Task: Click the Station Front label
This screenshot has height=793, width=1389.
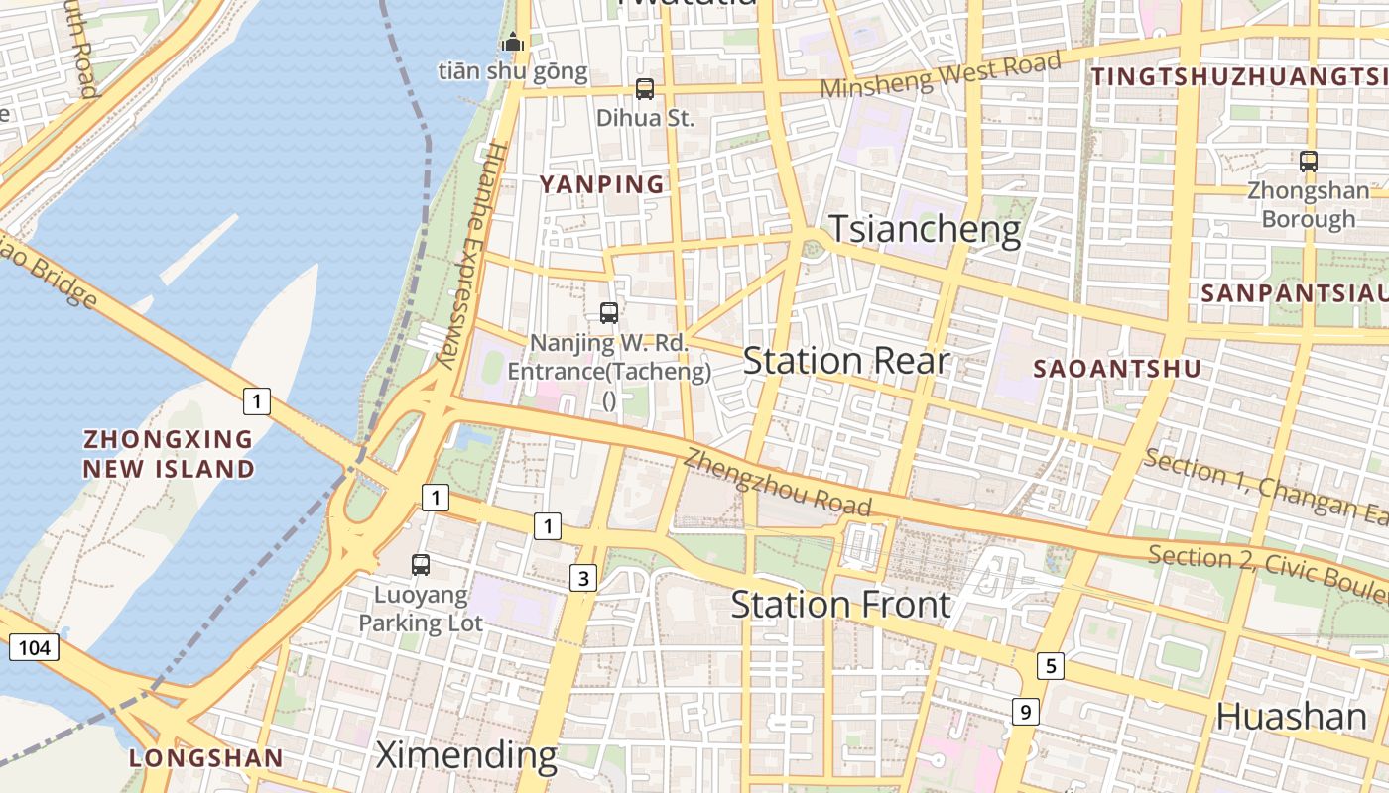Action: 841,604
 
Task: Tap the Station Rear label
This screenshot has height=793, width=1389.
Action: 846,361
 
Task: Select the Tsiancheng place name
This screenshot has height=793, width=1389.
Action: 925,229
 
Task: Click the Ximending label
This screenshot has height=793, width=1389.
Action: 466,755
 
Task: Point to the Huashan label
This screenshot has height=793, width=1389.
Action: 1291,716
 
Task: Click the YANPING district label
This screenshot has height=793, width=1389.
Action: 601,184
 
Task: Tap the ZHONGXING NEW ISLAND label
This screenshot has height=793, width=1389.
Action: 169,454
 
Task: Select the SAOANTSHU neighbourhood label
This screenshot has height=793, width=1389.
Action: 1117,369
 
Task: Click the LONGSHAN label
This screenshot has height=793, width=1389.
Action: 206,758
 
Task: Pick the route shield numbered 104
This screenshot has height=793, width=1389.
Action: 34,648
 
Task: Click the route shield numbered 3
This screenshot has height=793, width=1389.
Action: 583,579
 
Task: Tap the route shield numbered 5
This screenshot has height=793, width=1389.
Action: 1051,665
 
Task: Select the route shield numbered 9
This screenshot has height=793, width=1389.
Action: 1025,711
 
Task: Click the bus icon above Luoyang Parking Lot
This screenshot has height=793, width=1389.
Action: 421,565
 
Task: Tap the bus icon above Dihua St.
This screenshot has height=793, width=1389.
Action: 645,89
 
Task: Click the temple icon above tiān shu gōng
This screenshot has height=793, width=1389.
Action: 513,43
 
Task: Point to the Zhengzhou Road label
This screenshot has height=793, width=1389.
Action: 778,482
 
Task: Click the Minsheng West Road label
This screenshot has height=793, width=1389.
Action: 940,75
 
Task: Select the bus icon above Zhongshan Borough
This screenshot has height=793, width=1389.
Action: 1309,161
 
